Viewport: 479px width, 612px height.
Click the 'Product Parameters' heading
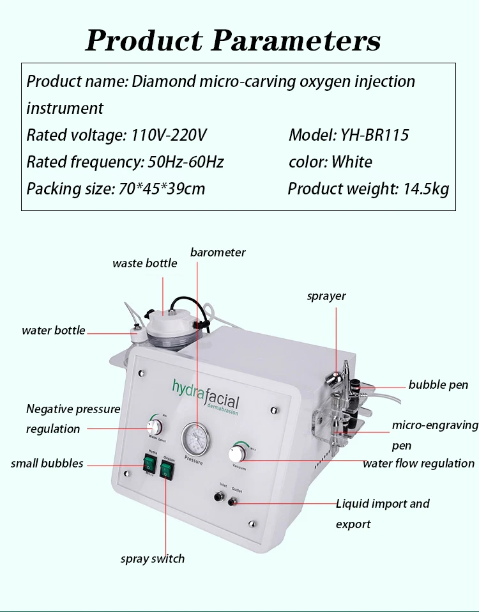point(233,40)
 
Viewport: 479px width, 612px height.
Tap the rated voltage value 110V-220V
point(169,135)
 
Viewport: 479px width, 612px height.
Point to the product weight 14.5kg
point(425,189)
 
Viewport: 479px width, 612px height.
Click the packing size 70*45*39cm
point(162,189)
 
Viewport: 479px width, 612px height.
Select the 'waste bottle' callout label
point(144,263)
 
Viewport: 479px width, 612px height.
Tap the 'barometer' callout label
point(218,252)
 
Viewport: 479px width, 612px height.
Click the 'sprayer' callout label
point(326,295)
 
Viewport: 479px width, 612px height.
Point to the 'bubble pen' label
point(438,384)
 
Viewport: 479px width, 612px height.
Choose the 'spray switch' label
point(153,558)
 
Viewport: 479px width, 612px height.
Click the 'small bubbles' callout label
point(47,463)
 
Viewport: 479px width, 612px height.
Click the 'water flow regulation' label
point(418,463)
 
